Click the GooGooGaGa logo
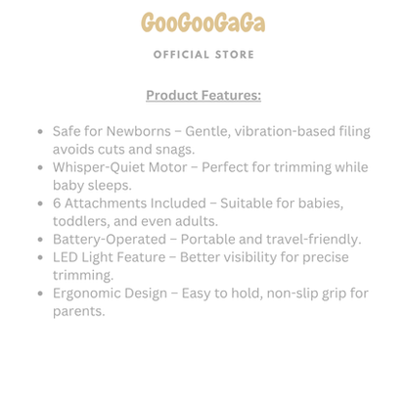(203, 23)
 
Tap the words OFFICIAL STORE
(203, 55)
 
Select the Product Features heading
(203, 95)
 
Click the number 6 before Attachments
(57, 203)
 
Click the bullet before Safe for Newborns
(39, 131)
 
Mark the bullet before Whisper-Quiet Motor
(39, 167)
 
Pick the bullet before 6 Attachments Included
(39, 203)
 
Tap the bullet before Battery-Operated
(39, 239)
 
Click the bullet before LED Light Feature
(39, 257)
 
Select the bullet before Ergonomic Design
(39, 293)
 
